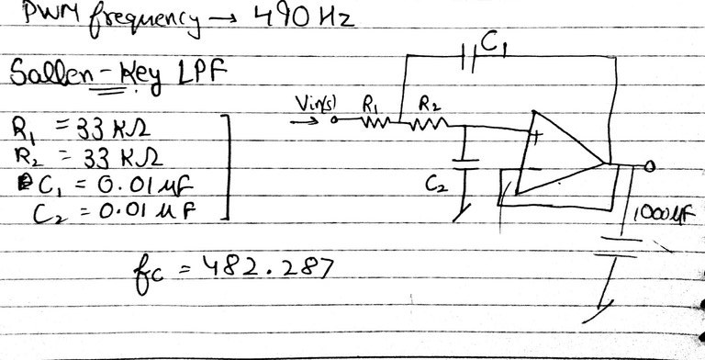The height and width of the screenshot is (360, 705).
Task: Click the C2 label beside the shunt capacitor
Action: pos(431,185)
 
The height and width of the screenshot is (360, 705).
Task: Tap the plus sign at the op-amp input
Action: pos(535,140)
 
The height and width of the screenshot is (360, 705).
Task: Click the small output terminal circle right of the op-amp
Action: pos(650,166)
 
